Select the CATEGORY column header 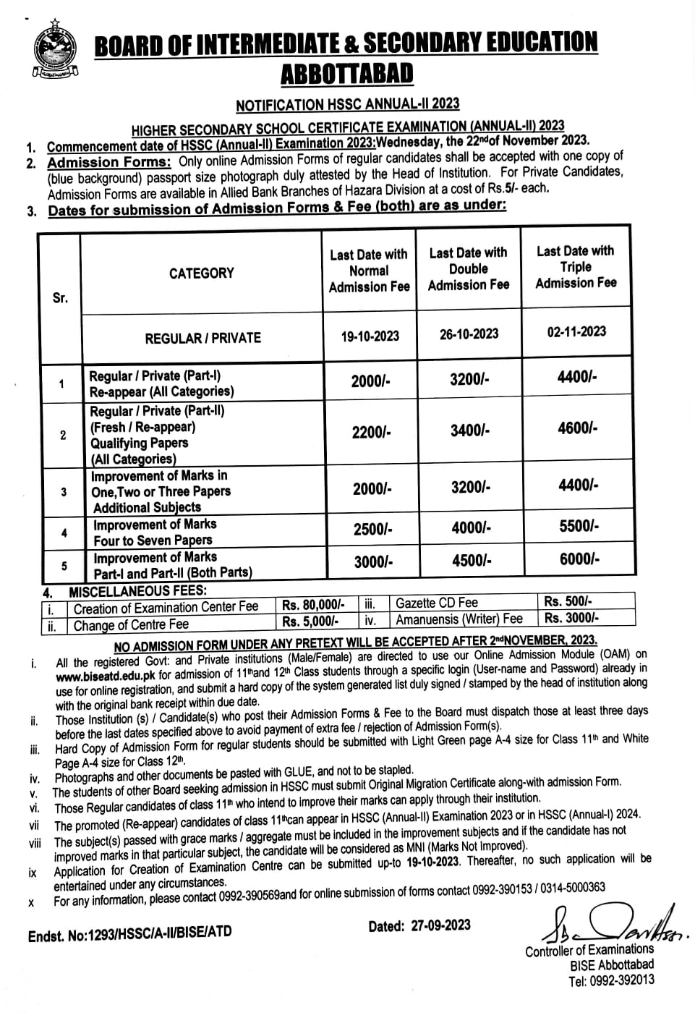(x=202, y=273)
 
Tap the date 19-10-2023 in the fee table (x=370, y=336)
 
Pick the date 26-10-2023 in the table (x=469, y=334)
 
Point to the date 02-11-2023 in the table (x=576, y=331)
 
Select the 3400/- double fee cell (x=470, y=431)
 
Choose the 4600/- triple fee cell (x=577, y=428)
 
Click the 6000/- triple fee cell (x=579, y=559)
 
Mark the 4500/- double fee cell (x=472, y=561)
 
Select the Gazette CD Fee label (x=436, y=603)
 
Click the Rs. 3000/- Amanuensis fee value (x=571, y=618)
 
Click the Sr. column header (x=60, y=298)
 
